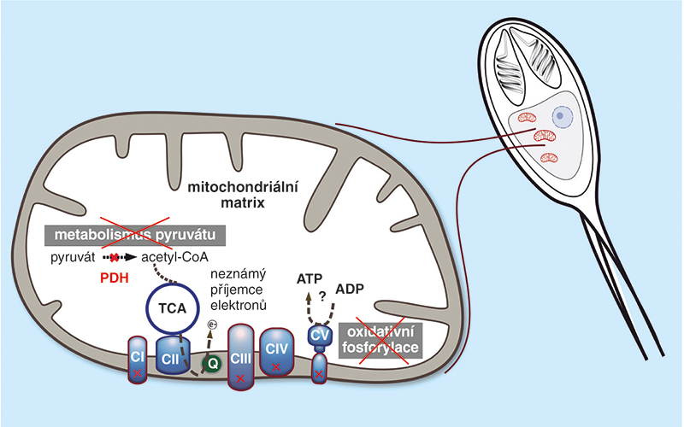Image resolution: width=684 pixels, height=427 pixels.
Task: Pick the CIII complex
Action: (x=242, y=355)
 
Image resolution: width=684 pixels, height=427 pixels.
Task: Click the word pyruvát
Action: (x=72, y=256)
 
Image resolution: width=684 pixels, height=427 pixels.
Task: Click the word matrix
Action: (x=236, y=204)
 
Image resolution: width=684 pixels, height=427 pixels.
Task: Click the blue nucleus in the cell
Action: (x=563, y=115)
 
